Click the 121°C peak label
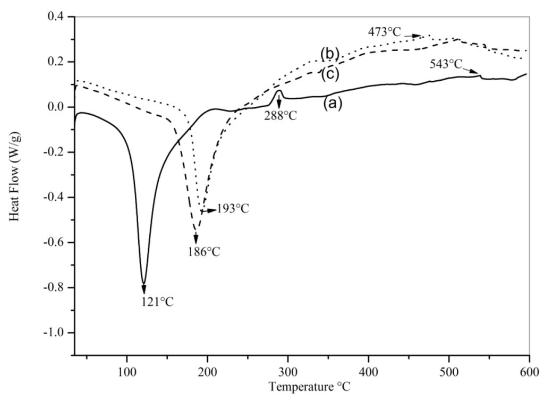[x=157, y=302]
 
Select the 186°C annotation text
[x=203, y=252]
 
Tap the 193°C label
[x=233, y=209]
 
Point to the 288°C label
[x=281, y=115]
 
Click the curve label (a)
[x=331, y=104]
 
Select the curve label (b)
[x=329, y=54]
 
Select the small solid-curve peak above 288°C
[x=279, y=91]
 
